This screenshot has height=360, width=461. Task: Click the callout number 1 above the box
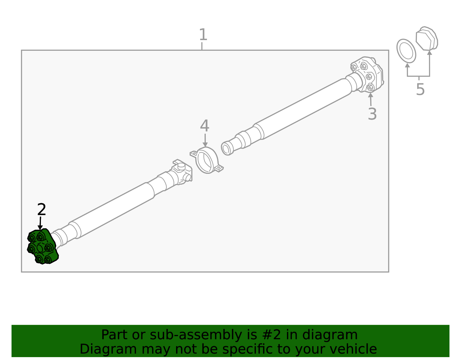(x=203, y=35)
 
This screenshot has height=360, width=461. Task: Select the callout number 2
(x=41, y=210)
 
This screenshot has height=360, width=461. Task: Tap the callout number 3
(x=372, y=114)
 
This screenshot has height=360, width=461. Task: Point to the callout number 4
(x=205, y=126)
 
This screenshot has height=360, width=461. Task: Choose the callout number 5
(x=420, y=90)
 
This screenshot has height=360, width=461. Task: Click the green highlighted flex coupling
(x=43, y=247)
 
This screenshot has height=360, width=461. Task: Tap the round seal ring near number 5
(x=406, y=51)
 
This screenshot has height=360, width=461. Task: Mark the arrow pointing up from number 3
(x=371, y=99)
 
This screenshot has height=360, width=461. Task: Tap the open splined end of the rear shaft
(x=227, y=148)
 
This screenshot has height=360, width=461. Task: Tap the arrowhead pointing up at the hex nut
(x=429, y=52)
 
